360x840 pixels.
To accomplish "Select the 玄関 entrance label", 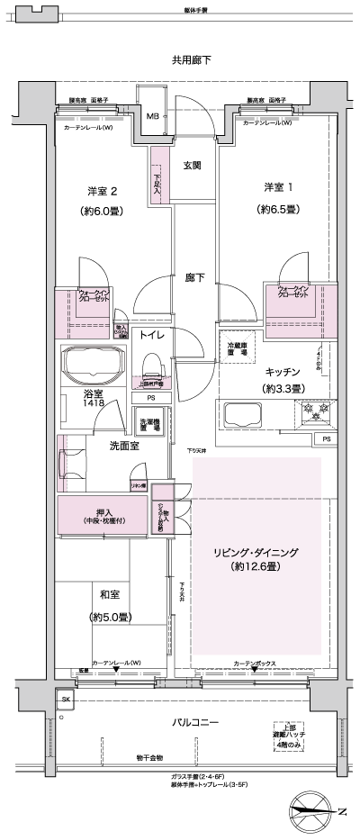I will click(193, 165).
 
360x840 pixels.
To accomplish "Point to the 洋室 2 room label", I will click(104, 190).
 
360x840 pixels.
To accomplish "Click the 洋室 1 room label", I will click(278, 187).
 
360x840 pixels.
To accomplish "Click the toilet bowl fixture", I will click(151, 366).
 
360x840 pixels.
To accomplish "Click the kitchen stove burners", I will click(315, 413).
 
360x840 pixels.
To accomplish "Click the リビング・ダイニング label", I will click(256, 552).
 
